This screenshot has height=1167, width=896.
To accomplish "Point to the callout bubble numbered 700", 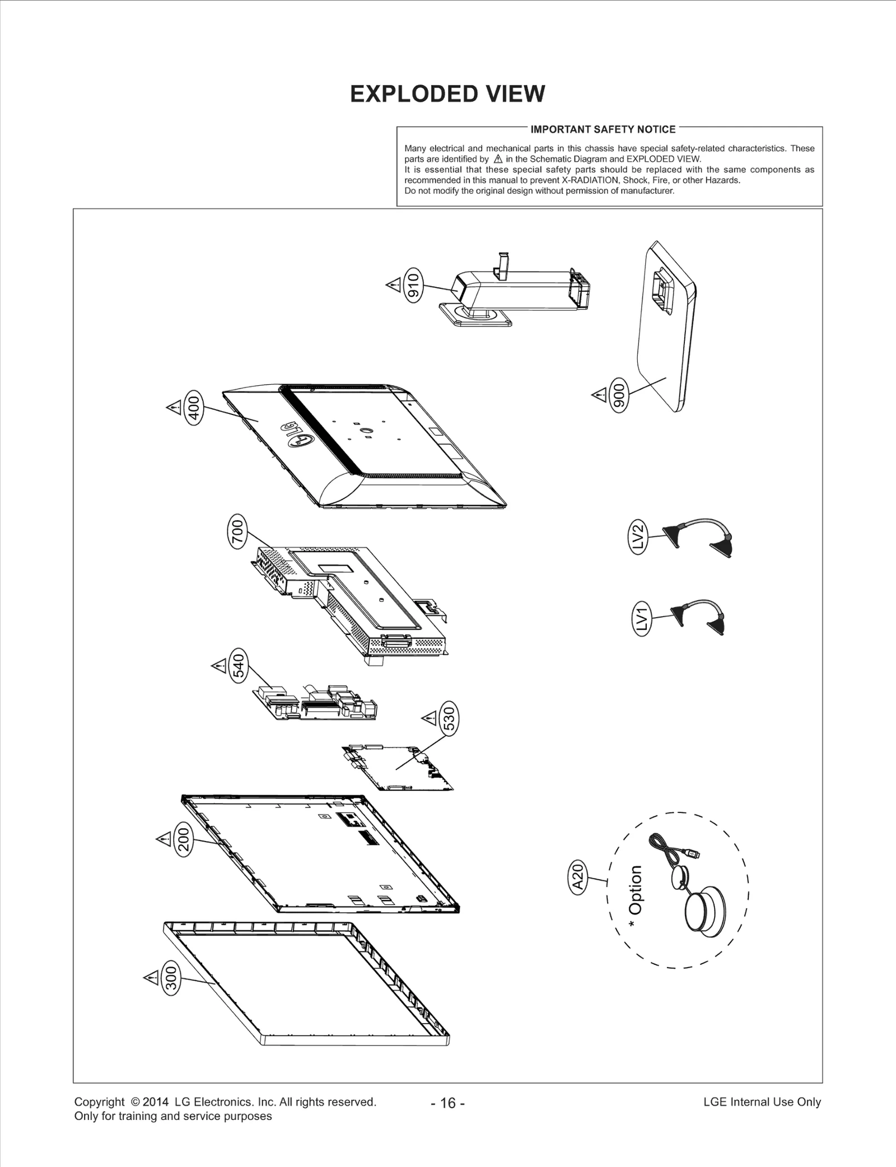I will [238, 534].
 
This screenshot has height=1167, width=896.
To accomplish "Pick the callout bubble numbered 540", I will [239, 667].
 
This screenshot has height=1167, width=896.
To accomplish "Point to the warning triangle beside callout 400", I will [173, 406].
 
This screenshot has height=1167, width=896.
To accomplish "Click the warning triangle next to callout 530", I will [428, 717].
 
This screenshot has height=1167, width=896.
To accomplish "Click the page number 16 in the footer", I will [448, 1103].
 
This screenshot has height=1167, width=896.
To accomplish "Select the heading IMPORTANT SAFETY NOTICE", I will [603, 130].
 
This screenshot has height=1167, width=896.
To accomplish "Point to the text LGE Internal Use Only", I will [762, 1102].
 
